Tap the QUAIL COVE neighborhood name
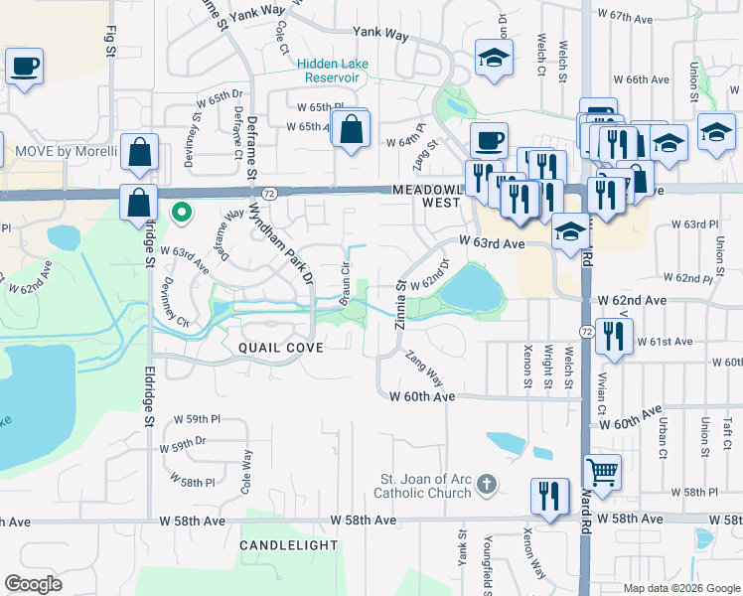coord(280,348)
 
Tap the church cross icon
coord(485,485)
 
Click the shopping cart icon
coord(601,470)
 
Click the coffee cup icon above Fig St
coord(25,68)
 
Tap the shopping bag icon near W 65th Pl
coord(351,128)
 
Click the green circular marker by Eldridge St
coord(181,211)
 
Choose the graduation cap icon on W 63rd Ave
coord(569,231)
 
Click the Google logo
coord(33,584)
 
